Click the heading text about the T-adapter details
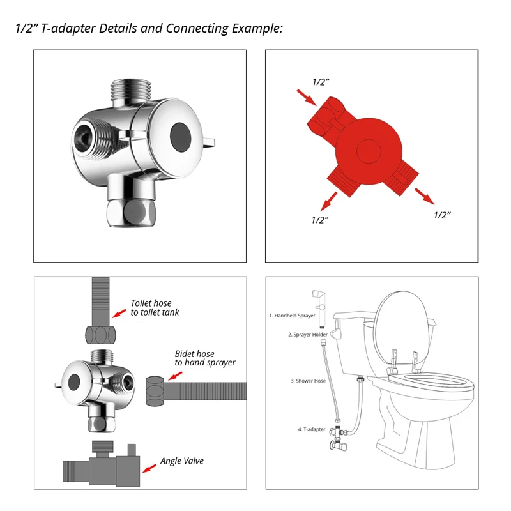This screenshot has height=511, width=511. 149,28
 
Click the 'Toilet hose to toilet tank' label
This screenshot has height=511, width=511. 155,308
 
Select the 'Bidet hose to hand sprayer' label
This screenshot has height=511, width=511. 205,358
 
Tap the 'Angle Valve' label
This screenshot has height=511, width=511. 182,461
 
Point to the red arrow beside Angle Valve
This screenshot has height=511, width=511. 149,468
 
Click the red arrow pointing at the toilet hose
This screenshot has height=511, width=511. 119,314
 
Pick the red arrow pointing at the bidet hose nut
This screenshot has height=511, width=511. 175,376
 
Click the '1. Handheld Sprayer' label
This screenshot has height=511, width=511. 292,316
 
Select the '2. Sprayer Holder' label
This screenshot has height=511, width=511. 308,335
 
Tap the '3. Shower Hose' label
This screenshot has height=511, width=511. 308,381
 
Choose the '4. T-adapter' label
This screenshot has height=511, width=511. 312,429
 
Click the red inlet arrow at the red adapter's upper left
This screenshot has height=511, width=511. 307,98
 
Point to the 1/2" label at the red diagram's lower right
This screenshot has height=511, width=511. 442,215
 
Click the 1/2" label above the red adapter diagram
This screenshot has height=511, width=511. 321,82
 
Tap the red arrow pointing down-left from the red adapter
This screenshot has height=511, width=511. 329,201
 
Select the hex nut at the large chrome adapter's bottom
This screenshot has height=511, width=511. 132,213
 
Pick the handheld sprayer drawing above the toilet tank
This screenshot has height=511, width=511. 320,308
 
